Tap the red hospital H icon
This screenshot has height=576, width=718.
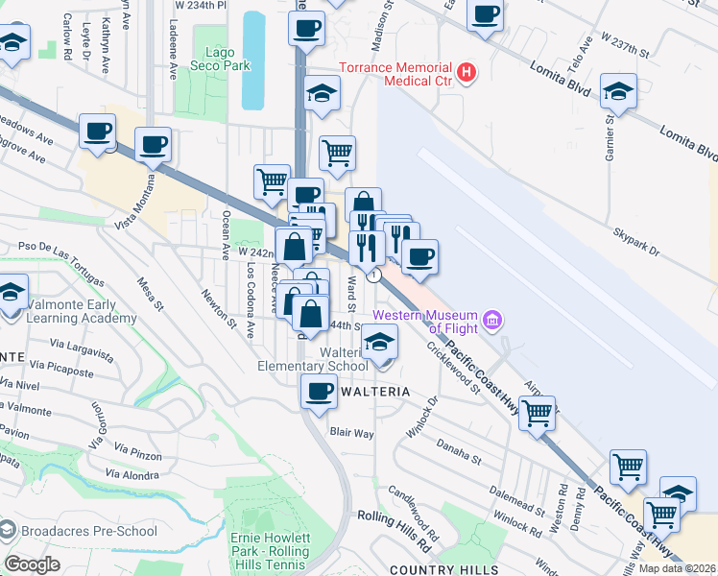pyautogui.click(x=467, y=72)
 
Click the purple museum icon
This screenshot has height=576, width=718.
pyautogui.click(x=492, y=319)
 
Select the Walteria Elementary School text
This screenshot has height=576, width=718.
pyautogui.click(x=313, y=359)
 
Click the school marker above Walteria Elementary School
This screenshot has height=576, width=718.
pyautogui.click(x=381, y=343)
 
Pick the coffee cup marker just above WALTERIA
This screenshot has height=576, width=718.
pyautogui.click(x=320, y=391)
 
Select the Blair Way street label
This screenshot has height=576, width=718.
pyautogui.click(x=351, y=433)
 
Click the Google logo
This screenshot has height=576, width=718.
pyautogui.click(x=32, y=564)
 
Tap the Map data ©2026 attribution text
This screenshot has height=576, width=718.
pyautogui.click(x=678, y=568)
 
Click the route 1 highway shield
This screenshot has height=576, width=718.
pyautogui.click(x=375, y=275)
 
